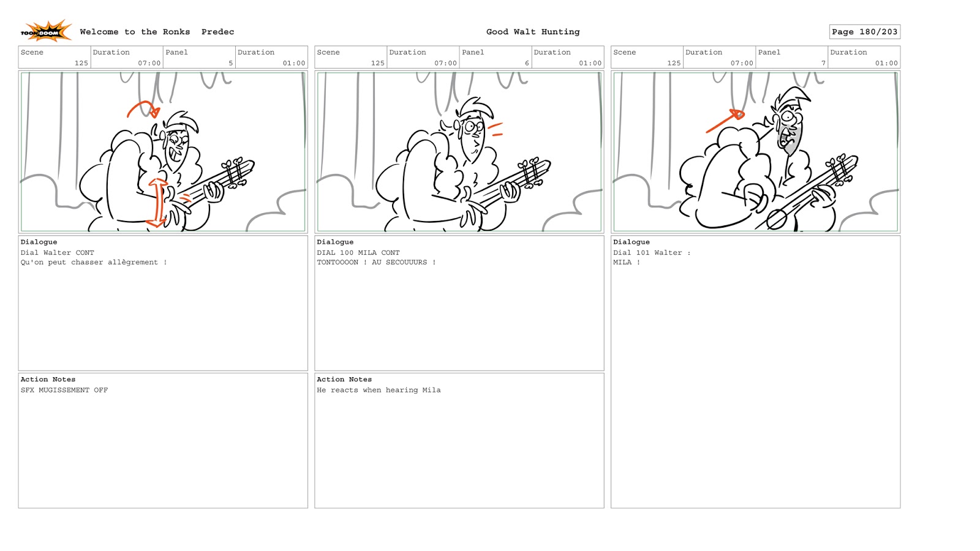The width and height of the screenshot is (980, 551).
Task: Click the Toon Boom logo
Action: coord(46,31)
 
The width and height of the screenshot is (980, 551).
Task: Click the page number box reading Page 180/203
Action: coord(864,32)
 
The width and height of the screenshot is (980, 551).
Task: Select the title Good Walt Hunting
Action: coord(533,32)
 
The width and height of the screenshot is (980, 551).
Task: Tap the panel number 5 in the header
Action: coord(230,63)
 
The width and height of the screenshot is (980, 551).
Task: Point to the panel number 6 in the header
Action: coord(527,63)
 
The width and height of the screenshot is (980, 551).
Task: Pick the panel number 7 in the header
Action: coord(823,63)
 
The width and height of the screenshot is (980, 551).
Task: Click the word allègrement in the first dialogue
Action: coord(132,263)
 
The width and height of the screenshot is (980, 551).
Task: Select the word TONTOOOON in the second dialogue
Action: coord(337,263)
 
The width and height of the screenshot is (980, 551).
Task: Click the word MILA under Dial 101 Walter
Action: coord(622,263)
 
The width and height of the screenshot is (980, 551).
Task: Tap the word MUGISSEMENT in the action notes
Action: coord(64,390)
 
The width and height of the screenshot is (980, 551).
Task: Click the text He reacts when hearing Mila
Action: coord(379,390)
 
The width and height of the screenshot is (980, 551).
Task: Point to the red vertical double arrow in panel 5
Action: coord(157,203)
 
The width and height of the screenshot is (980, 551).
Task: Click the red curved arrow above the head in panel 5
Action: coord(143,110)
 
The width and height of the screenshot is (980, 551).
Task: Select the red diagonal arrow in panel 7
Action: coord(725,121)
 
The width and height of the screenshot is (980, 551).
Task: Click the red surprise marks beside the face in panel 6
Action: coord(496,129)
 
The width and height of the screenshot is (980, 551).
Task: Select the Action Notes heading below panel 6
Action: coord(344,379)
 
